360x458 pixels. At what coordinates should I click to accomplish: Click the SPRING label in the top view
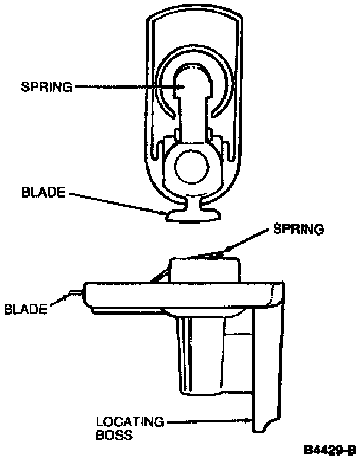pyautogui.click(x=46, y=87)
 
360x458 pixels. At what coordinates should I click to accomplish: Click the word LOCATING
pyautogui.click(x=130, y=422)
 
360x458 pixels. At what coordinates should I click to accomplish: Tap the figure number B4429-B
pyautogui.click(x=330, y=450)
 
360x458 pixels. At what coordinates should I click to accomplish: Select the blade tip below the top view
pyautogui.click(x=190, y=214)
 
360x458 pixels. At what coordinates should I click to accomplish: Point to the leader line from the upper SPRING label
pyautogui.click(x=124, y=87)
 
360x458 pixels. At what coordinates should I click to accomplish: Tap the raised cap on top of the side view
pyautogui.click(x=204, y=269)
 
